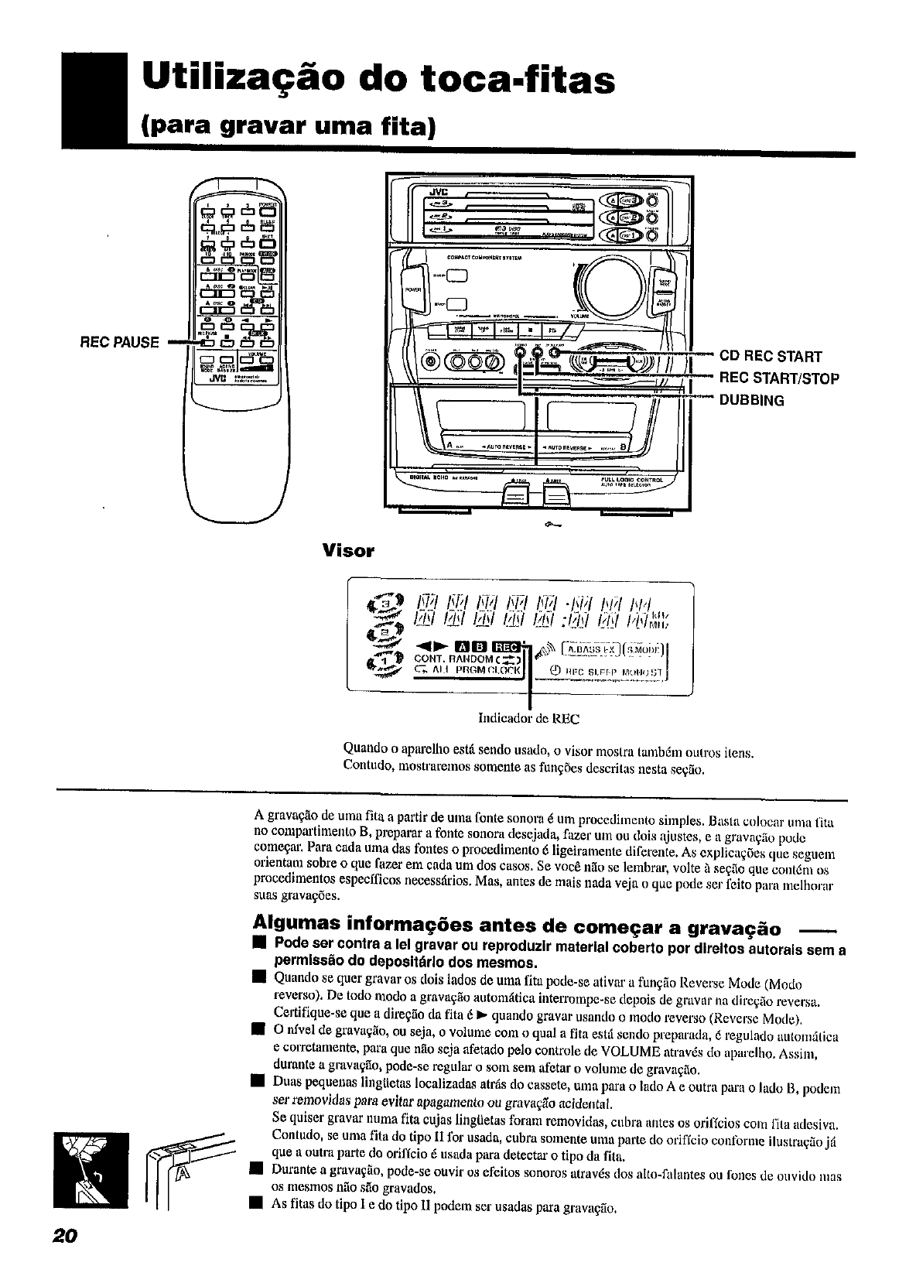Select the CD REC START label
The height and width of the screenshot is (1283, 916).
(x=770, y=357)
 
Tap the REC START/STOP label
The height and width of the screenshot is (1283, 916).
(x=779, y=378)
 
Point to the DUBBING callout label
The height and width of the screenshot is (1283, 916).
(x=751, y=401)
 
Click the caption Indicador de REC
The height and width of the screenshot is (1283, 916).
(x=528, y=719)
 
